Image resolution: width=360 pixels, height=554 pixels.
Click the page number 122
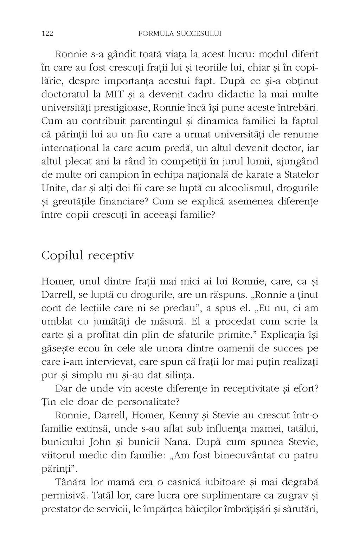click(47, 34)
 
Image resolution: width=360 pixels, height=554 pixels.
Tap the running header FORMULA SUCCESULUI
click(180, 34)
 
